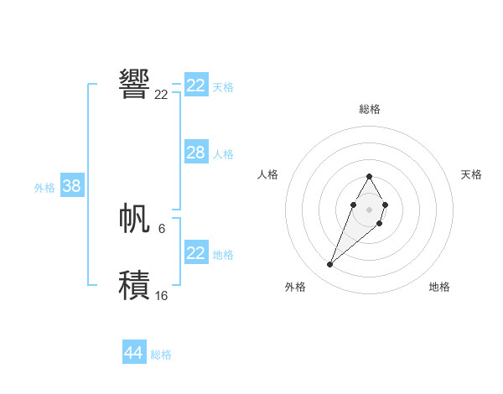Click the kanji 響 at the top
[x=135, y=84]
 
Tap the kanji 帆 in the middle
[x=135, y=218]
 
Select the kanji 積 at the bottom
[x=135, y=285]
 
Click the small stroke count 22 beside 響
[x=161, y=95]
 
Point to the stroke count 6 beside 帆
[x=161, y=228]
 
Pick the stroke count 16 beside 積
[x=161, y=296]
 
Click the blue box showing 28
[x=195, y=153]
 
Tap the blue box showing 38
[x=71, y=186]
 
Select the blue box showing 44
[x=133, y=353]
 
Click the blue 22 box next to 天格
[x=195, y=86]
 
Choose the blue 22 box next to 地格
[x=195, y=253]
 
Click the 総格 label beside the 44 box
[x=161, y=355]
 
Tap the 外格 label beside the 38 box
[x=44, y=188]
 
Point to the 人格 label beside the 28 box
[x=223, y=154]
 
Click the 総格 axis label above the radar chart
[x=369, y=109]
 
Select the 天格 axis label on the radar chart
[x=471, y=174]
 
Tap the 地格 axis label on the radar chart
[x=439, y=287]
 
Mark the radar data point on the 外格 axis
[x=330, y=265]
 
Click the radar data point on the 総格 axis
[x=369, y=176]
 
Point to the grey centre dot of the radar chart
[x=369, y=209]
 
